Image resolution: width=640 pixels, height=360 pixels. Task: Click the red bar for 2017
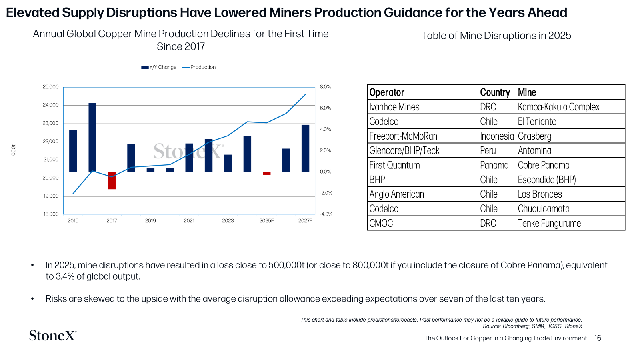[x=112, y=180]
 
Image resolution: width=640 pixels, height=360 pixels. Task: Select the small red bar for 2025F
[x=266, y=174]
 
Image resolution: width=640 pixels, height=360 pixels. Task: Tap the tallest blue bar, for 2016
[x=92, y=138]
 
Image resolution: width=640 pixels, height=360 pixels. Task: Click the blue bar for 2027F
[x=306, y=148]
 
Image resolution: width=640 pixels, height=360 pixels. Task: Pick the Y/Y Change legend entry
[x=159, y=67]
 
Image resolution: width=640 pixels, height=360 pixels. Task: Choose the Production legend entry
[x=199, y=67]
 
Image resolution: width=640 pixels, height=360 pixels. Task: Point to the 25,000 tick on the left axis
[x=50, y=87]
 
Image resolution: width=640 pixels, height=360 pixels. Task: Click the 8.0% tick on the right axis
[x=326, y=87]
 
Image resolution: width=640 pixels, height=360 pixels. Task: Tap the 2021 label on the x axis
[x=189, y=220]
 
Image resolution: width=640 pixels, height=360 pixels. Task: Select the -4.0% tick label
[x=326, y=214]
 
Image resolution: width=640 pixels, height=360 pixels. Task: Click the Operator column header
[x=387, y=92]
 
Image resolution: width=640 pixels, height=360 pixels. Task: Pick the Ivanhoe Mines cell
[x=394, y=107]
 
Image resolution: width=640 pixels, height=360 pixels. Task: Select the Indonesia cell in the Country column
[x=497, y=136]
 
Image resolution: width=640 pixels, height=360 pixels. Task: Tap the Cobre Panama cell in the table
[x=544, y=165]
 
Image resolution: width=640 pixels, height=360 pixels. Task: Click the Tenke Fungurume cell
[x=550, y=223]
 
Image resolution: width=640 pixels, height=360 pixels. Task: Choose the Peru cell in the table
[x=488, y=150]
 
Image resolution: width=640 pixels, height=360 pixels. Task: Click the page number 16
[x=598, y=338]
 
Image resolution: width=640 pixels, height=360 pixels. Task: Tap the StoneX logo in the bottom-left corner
[x=53, y=336]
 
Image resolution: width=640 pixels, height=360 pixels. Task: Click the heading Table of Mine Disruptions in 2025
[x=496, y=36]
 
